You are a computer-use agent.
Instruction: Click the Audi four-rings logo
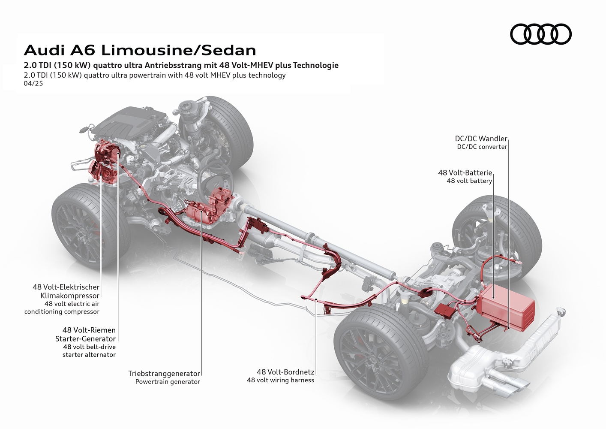(540, 34)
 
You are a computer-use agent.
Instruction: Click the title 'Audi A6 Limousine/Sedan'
(140, 50)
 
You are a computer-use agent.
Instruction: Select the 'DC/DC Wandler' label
(481, 139)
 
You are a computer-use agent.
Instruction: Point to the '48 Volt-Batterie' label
(465, 172)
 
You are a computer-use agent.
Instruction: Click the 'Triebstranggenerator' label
(164, 373)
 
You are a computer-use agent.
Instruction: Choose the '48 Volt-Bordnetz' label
(285, 372)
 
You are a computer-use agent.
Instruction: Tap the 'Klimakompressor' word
(70, 296)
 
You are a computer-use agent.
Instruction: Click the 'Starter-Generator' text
(85, 338)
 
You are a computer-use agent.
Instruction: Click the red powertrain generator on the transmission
(201, 214)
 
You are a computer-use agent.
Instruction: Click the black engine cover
(129, 122)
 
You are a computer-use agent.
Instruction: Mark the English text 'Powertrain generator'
(168, 381)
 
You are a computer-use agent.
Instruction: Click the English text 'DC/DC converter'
(482, 147)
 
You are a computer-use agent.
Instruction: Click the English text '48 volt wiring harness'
(280, 380)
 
